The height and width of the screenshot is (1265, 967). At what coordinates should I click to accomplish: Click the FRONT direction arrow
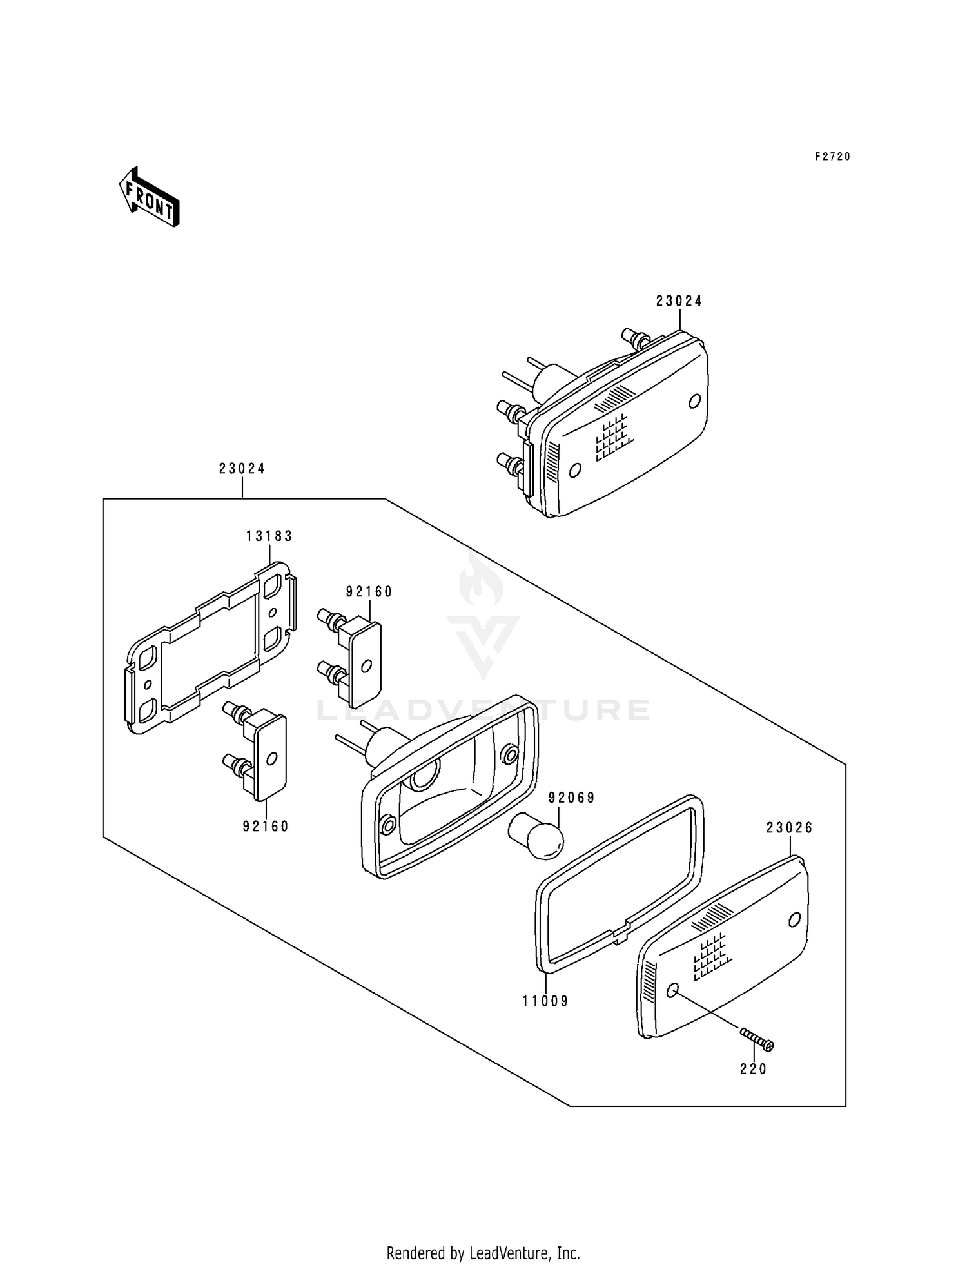point(149,197)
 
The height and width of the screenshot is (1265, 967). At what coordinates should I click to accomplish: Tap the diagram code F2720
point(832,157)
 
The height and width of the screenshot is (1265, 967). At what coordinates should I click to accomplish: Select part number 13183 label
point(269,536)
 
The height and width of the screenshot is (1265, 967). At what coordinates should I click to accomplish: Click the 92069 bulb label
point(571,798)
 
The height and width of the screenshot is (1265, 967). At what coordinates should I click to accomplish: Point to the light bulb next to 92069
point(537,836)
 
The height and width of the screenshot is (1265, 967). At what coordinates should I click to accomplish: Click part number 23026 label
point(789,828)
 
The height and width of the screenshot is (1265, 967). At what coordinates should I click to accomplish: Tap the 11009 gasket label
point(545,1001)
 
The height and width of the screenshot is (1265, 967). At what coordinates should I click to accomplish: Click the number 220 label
point(753,1069)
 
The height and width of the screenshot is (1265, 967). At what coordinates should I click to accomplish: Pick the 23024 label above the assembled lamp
point(679,301)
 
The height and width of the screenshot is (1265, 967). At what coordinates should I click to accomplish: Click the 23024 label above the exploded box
point(242,469)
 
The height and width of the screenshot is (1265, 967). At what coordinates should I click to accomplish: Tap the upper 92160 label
point(369,592)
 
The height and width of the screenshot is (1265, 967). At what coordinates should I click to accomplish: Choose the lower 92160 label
point(266,826)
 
